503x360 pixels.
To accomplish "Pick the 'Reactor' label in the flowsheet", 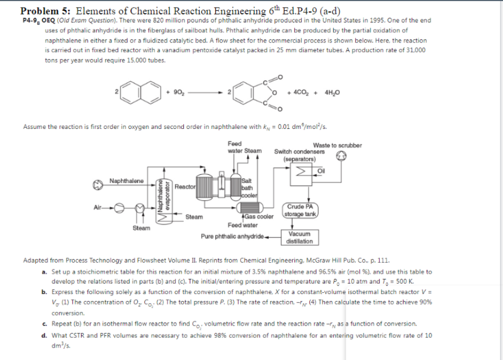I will click(x=184, y=186).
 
